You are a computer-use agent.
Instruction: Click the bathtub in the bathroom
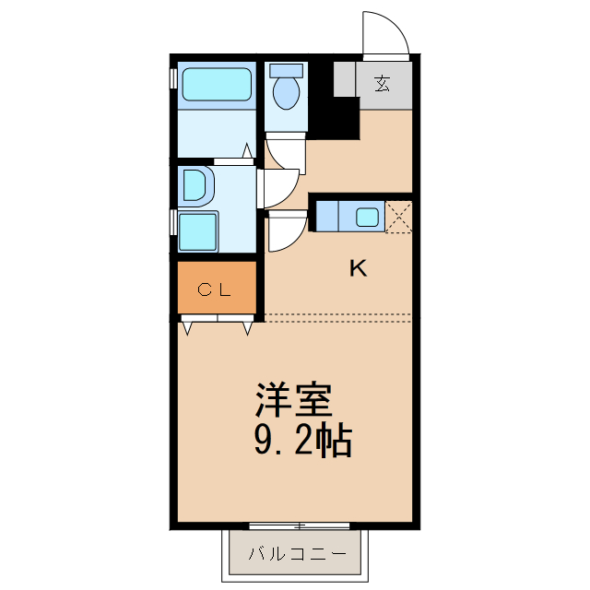coord(216,85)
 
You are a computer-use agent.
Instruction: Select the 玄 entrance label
coord(382,83)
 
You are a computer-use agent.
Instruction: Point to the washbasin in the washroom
coord(196,184)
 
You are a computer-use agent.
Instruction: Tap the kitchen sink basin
coord(367,218)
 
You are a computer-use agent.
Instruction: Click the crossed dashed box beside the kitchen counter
coord(399,217)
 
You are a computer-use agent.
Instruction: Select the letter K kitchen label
coord(358,269)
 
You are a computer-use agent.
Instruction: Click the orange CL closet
coord(217,288)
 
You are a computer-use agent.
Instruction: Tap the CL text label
coord(216,289)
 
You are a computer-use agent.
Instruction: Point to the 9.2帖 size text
coord(301,442)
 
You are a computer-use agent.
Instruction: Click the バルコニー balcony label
coord(299,555)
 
